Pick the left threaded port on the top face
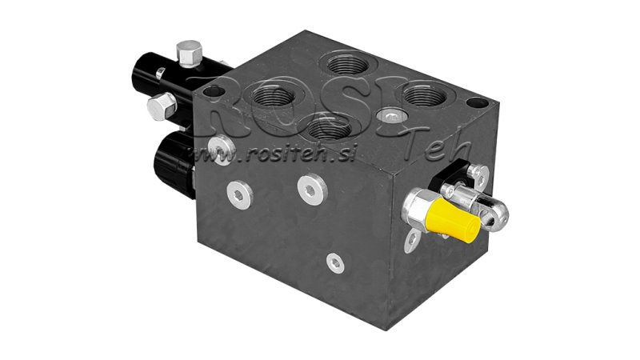pos(270,98)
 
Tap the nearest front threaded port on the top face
pos(328,128)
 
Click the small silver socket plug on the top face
pos(390,117)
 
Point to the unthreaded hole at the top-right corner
pos(475,104)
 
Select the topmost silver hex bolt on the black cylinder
pos(189,54)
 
